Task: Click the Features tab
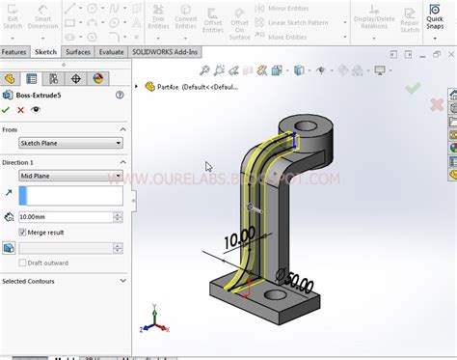tap(14, 52)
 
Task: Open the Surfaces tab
tap(78, 52)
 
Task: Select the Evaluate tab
tap(111, 52)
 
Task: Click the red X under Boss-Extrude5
tap(21, 110)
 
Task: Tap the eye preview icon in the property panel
tap(36, 110)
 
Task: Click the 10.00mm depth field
tap(67, 217)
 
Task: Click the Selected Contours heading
tap(29, 281)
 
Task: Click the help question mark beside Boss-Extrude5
tap(120, 95)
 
